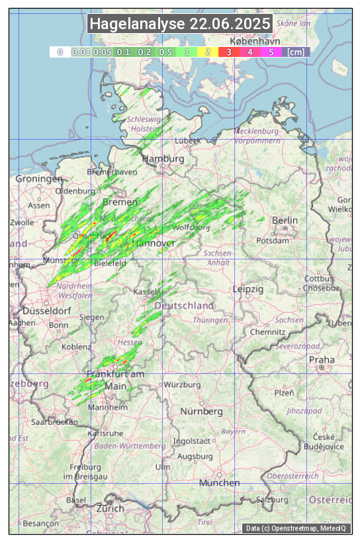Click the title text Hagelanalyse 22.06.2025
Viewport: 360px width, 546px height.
click(180, 24)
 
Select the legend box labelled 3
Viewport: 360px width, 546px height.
click(228, 51)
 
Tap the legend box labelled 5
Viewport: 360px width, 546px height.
click(271, 51)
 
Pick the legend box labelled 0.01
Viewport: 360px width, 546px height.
click(81, 51)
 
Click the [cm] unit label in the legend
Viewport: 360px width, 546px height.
click(296, 51)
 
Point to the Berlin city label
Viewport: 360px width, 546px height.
click(285, 220)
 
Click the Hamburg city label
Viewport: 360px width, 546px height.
click(163, 159)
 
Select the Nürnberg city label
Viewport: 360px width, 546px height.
click(202, 411)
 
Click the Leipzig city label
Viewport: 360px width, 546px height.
click(248, 289)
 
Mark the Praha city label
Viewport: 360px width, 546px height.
click(322, 359)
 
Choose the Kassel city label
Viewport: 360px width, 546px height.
click(145, 292)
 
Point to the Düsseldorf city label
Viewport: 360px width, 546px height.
click(46, 310)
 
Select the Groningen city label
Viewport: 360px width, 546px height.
click(39, 179)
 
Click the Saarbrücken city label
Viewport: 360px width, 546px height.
click(55, 422)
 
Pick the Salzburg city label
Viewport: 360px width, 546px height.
click(273, 500)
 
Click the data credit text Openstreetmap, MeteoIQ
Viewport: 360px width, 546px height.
click(296, 528)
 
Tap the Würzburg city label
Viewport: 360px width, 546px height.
click(182, 385)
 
